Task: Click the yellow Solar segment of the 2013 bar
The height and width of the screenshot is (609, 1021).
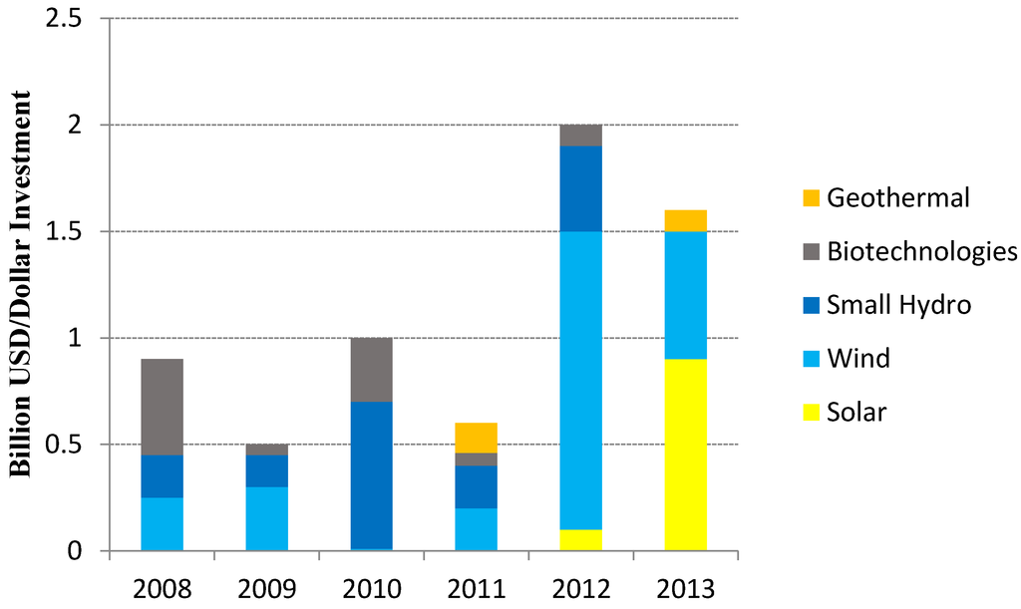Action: [685, 455]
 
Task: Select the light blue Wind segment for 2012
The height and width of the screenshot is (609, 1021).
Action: [580, 380]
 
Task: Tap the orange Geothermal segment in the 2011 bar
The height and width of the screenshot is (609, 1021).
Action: [476, 438]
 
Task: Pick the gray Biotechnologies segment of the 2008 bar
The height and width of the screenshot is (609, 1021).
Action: [162, 407]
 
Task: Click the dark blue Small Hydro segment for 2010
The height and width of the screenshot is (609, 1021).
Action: [371, 475]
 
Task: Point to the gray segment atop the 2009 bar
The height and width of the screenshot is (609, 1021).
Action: [266, 450]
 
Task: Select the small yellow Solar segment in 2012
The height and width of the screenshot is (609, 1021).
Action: [580, 539]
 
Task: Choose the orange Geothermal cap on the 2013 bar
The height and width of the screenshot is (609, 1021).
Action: [685, 220]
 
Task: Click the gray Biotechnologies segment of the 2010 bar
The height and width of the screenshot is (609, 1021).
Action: [371, 370]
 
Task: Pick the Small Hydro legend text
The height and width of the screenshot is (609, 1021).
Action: [898, 305]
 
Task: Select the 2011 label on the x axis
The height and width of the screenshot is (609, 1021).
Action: [476, 588]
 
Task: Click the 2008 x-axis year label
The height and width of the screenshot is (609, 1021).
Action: [162, 588]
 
